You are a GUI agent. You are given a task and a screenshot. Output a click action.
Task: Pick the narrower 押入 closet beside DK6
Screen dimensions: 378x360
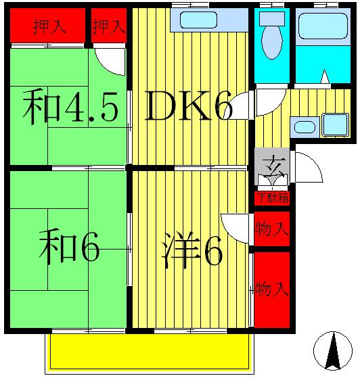click(108, 26)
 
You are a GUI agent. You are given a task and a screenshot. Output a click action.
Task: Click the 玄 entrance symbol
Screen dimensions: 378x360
click(273, 164)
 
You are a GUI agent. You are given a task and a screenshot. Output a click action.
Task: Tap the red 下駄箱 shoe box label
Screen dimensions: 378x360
click(272, 198)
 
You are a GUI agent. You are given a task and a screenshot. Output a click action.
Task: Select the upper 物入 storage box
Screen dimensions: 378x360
click(271, 229)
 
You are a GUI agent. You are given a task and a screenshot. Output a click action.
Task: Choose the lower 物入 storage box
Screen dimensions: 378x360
click(271, 289)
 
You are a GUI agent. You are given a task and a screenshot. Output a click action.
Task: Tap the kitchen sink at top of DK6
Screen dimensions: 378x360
click(198, 20)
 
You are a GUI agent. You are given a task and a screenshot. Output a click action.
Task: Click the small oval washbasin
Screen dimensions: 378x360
click(303, 126)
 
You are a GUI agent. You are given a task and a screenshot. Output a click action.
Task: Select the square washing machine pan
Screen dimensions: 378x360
click(334, 124)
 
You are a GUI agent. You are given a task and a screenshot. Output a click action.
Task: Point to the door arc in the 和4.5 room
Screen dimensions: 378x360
click(111, 62)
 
